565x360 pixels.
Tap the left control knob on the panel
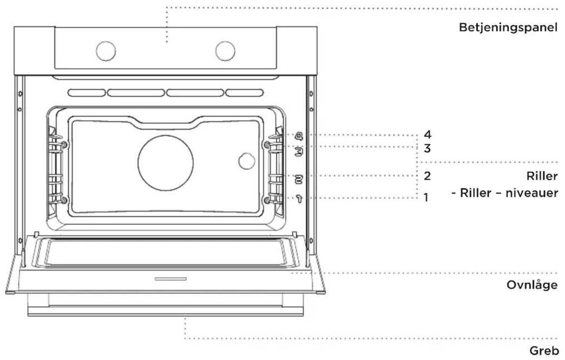[x=106, y=51]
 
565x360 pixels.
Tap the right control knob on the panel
[x=225, y=51]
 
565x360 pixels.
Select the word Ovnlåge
[x=532, y=285]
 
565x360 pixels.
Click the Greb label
[x=544, y=351]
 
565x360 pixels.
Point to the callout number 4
[x=428, y=134]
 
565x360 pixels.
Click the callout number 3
[x=427, y=149]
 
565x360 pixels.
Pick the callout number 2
[x=427, y=176]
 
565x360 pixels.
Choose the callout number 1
[x=426, y=197]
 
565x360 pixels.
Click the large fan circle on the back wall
[x=166, y=163]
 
